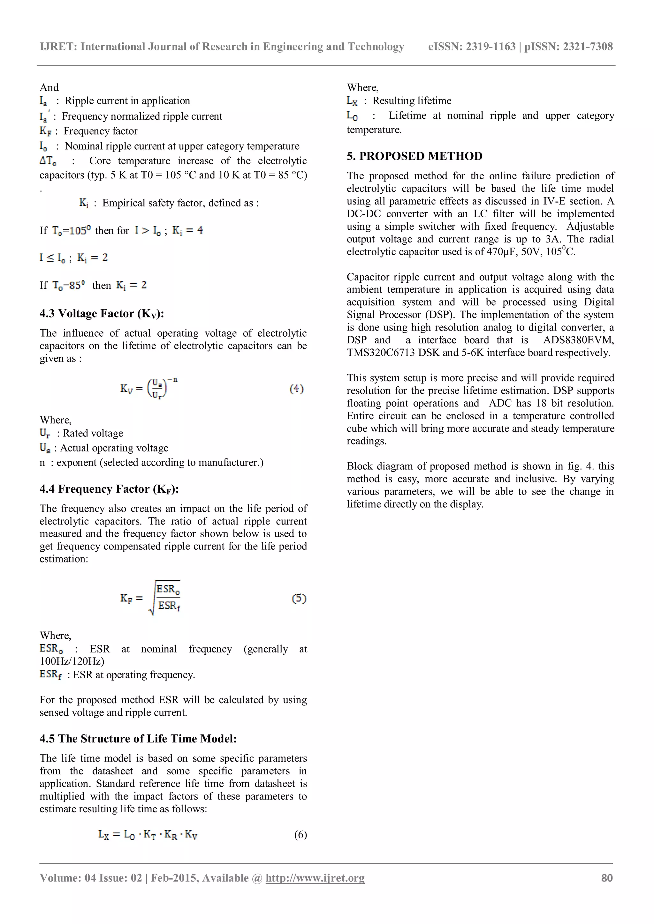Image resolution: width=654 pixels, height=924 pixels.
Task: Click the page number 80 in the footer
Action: [606, 878]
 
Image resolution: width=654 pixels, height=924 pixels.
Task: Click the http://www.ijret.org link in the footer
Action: [315, 878]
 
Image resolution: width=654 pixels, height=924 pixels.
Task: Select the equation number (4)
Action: [296, 389]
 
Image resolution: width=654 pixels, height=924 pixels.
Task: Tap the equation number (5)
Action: [299, 599]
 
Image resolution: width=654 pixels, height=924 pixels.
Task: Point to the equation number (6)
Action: [300, 835]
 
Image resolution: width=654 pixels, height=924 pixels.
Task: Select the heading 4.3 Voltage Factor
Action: [102, 314]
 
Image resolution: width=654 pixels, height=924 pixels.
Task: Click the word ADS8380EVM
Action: [578, 340]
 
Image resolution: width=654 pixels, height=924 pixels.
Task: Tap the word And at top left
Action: [49, 88]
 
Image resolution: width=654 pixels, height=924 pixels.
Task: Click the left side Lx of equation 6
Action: [103, 835]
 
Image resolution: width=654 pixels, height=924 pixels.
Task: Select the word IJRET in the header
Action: [58, 47]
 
